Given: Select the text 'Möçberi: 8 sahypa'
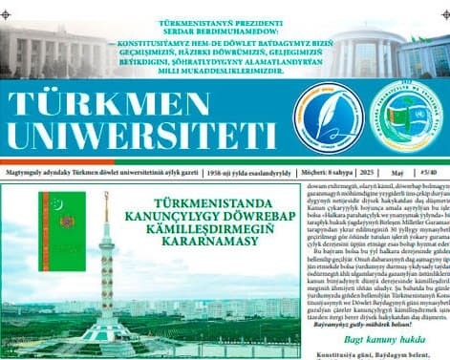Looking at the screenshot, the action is pyautogui.click(x=323, y=173).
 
